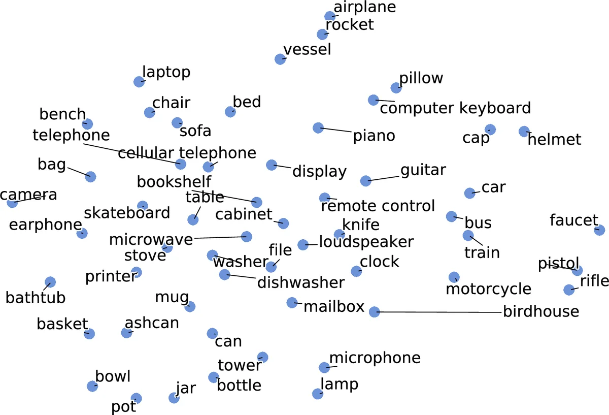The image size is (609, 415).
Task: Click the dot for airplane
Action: [x=330, y=16]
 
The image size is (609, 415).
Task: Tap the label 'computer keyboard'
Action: [x=455, y=108]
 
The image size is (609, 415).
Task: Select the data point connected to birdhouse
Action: [x=374, y=312]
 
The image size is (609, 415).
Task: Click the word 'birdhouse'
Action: [x=541, y=311]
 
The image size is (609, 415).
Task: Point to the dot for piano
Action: [x=318, y=127]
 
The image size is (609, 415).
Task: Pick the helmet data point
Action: [x=524, y=132]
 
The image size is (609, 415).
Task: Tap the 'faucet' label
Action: [x=574, y=220]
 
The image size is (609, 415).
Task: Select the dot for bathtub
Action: [x=50, y=282]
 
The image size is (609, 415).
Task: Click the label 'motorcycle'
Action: [x=488, y=289]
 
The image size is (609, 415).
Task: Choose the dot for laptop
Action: [x=139, y=81]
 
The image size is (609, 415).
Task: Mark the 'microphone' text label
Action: [x=375, y=358]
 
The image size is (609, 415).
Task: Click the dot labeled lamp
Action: [x=318, y=394]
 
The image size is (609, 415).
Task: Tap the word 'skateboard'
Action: [x=127, y=213]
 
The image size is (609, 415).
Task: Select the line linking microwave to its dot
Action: [x=218, y=237]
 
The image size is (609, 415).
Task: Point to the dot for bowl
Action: [x=92, y=386]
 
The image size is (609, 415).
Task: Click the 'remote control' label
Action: [x=378, y=206]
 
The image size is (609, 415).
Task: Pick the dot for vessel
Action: [x=280, y=59]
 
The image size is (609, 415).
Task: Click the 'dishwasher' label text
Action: [x=301, y=282]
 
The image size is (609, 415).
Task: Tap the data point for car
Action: [x=470, y=193]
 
